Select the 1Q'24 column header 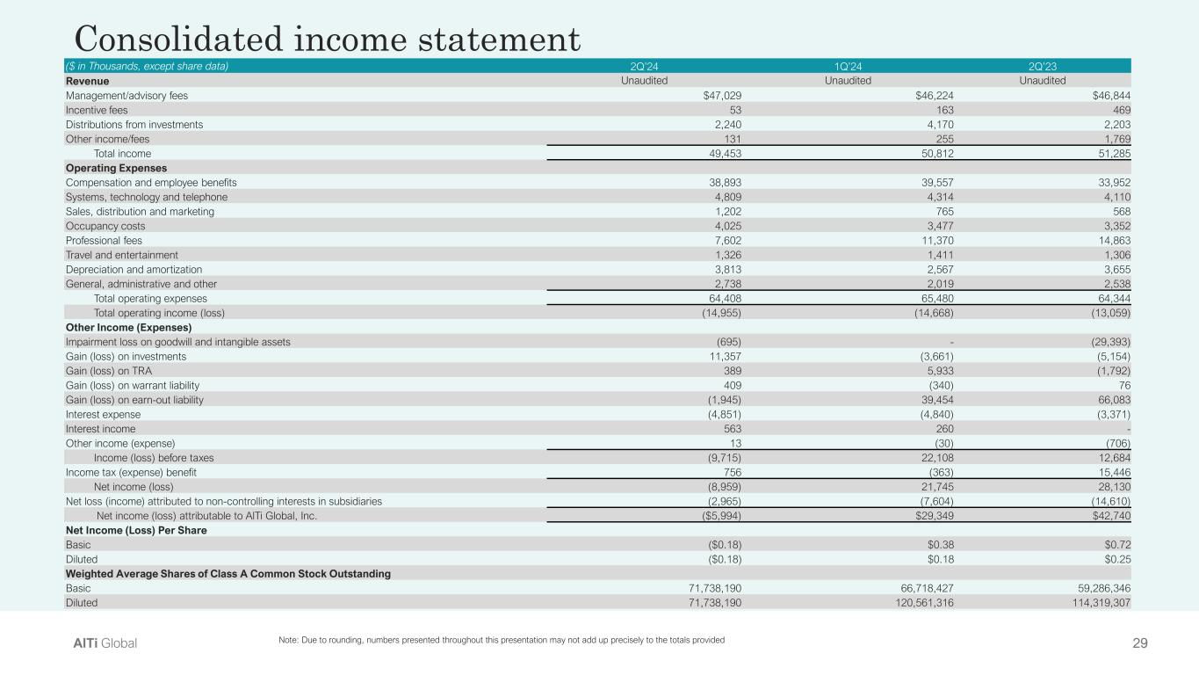848,66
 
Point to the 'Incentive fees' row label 96,110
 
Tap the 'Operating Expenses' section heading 116,168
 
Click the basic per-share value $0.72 1113,544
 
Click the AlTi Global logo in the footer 105,643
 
